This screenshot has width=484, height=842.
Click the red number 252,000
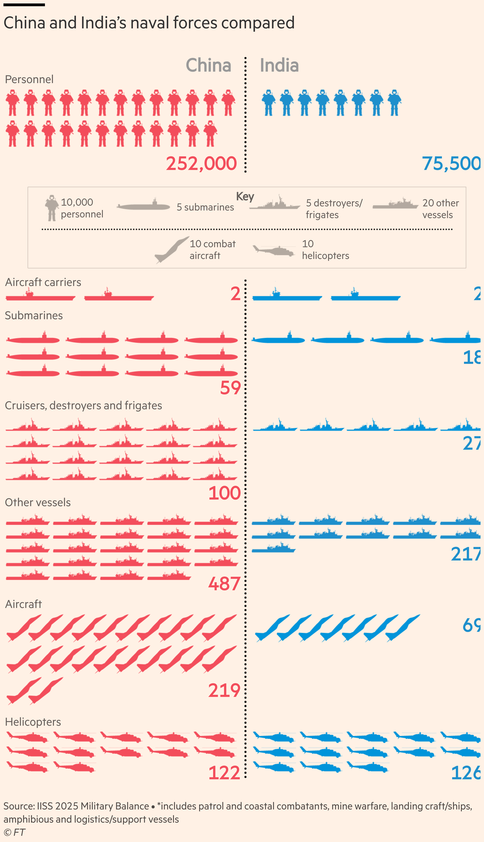(201, 163)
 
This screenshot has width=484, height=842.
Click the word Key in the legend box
(245, 196)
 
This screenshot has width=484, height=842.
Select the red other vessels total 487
(224, 584)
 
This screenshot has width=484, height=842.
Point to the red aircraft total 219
(224, 691)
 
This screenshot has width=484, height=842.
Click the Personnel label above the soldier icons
(29, 79)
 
